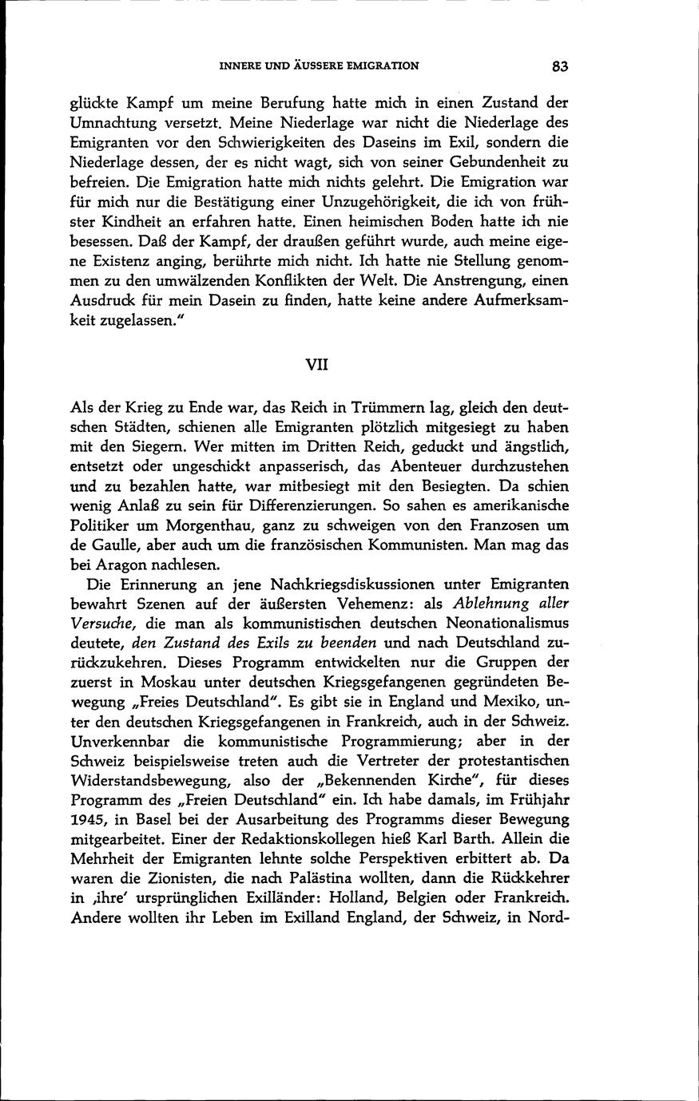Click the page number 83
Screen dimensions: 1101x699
point(558,67)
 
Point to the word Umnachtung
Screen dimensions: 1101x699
point(113,123)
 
